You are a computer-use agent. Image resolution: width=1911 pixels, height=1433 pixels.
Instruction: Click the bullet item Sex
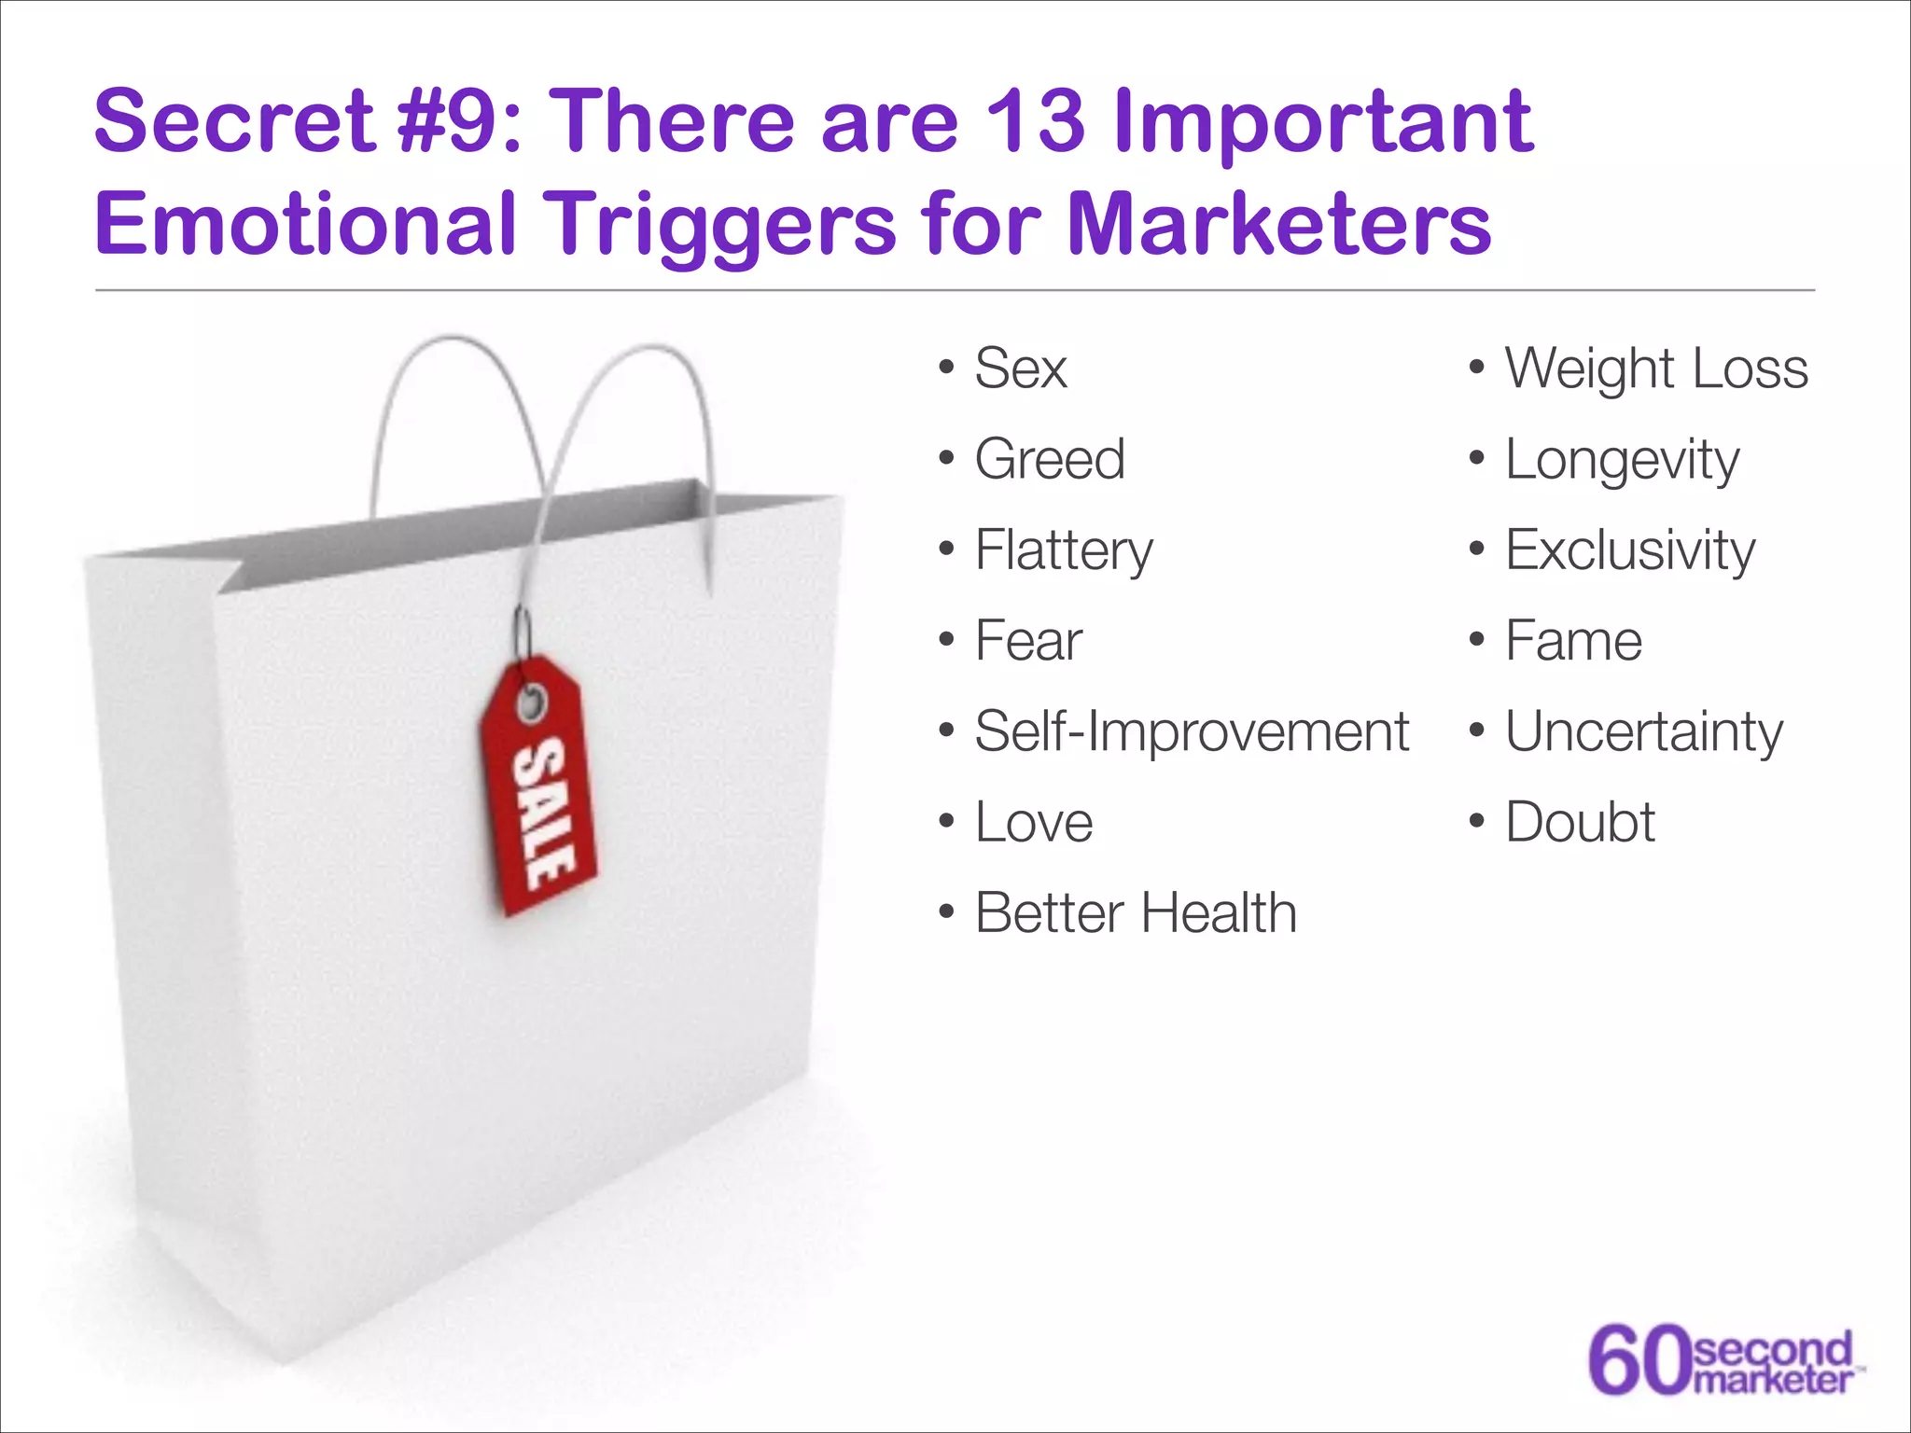[x=1020, y=369]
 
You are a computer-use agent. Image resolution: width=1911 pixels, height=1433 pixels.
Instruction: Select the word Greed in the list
[x=1050, y=459]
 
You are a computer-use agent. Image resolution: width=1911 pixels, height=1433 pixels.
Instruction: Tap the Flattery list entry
[x=1064, y=550]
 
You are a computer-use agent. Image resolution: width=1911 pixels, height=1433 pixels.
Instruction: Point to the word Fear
[x=1028, y=641]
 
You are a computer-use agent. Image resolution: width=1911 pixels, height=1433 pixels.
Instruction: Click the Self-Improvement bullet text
[x=1192, y=731]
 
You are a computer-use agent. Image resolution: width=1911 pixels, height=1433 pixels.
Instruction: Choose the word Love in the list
[x=1034, y=822]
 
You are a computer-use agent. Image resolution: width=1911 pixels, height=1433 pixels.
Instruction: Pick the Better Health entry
[x=1136, y=912]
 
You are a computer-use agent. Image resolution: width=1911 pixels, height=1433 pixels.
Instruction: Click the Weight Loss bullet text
[x=1656, y=369]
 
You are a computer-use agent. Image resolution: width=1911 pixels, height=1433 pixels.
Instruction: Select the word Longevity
[x=1622, y=460]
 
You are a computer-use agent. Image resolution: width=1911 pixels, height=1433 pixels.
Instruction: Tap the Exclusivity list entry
[x=1630, y=550]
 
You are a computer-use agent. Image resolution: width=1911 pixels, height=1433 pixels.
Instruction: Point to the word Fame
[x=1573, y=641]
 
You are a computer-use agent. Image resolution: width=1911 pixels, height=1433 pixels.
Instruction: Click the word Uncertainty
[x=1643, y=731]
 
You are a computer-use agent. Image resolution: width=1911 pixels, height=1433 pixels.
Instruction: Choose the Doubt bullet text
[x=1580, y=822]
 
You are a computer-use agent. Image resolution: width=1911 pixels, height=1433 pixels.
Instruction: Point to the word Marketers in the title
[x=1278, y=224]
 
